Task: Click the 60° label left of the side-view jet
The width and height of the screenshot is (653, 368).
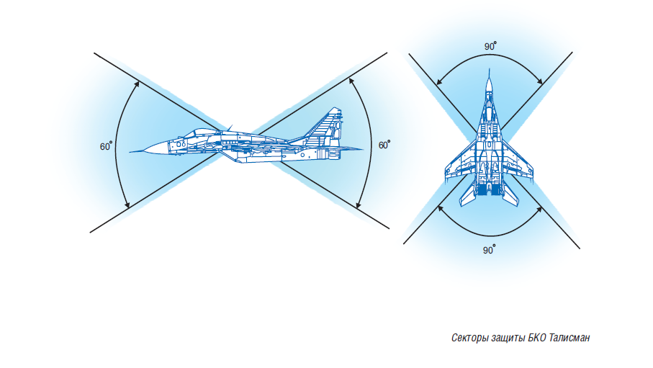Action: (x=106, y=146)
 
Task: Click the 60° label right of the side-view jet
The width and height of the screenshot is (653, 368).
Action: (x=384, y=145)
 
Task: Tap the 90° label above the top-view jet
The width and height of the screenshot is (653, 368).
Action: (x=490, y=46)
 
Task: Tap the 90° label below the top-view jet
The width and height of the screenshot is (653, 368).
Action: (x=490, y=250)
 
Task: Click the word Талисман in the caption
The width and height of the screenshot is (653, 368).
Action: (x=569, y=338)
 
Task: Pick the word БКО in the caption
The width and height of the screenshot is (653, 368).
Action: (x=537, y=338)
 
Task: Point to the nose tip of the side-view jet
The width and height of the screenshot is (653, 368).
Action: (x=130, y=152)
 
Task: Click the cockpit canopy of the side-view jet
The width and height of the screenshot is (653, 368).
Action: (x=197, y=133)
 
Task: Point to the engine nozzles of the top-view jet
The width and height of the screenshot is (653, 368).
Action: (x=490, y=190)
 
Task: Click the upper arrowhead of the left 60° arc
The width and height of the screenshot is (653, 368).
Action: (x=137, y=84)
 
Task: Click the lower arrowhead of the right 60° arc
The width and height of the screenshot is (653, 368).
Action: (x=357, y=205)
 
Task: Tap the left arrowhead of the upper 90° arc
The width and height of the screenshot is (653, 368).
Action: (x=439, y=81)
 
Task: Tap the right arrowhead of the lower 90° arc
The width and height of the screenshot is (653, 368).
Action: (x=539, y=210)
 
